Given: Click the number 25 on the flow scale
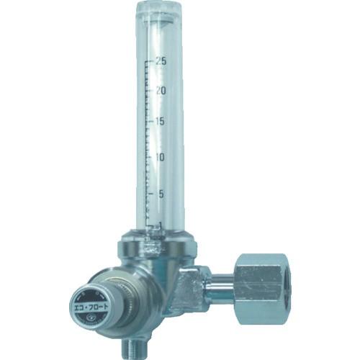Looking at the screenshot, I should tap(160, 61).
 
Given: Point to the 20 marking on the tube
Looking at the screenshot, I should tap(160, 91).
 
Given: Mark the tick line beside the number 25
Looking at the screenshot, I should tap(148, 62).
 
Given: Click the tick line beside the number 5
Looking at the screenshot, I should tap(149, 193).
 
